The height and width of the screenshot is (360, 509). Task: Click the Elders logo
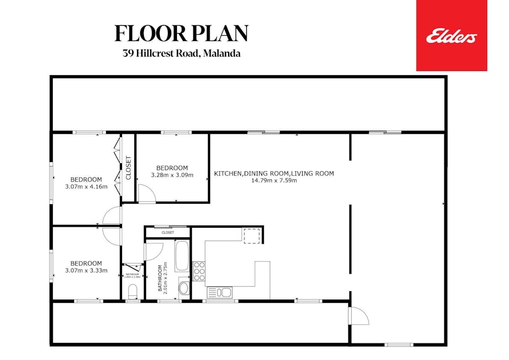click(451, 36)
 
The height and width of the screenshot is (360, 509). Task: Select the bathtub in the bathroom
click(182, 257)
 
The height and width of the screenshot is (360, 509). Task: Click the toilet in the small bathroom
click(133, 290)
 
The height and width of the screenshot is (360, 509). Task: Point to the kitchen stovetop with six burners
click(199, 271)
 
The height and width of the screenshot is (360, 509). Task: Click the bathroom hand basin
click(184, 289)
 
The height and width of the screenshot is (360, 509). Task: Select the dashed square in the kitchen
click(252, 236)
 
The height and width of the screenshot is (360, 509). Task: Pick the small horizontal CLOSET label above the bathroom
click(167, 233)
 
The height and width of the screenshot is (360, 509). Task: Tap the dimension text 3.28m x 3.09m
click(172, 175)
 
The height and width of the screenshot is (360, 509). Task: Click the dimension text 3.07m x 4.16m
click(86, 187)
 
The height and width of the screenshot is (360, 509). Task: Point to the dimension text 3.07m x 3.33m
click(86, 270)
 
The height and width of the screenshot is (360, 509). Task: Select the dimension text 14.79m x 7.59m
click(274, 180)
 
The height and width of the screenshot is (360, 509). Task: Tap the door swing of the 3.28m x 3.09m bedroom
click(146, 195)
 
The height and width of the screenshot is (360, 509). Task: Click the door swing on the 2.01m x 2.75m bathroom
click(153, 251)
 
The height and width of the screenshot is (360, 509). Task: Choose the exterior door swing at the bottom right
click(359, 316)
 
